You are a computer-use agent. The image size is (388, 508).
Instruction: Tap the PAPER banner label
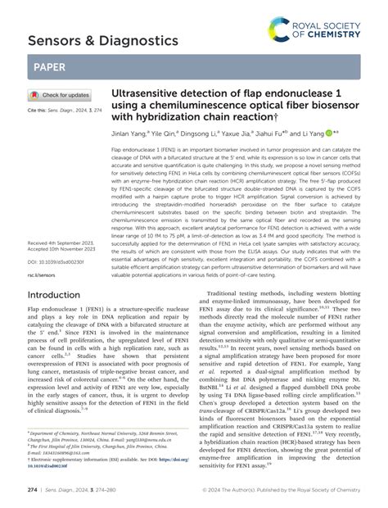(x=50, y=65)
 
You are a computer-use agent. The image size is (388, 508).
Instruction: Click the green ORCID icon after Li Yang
(x=328, y=133)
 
